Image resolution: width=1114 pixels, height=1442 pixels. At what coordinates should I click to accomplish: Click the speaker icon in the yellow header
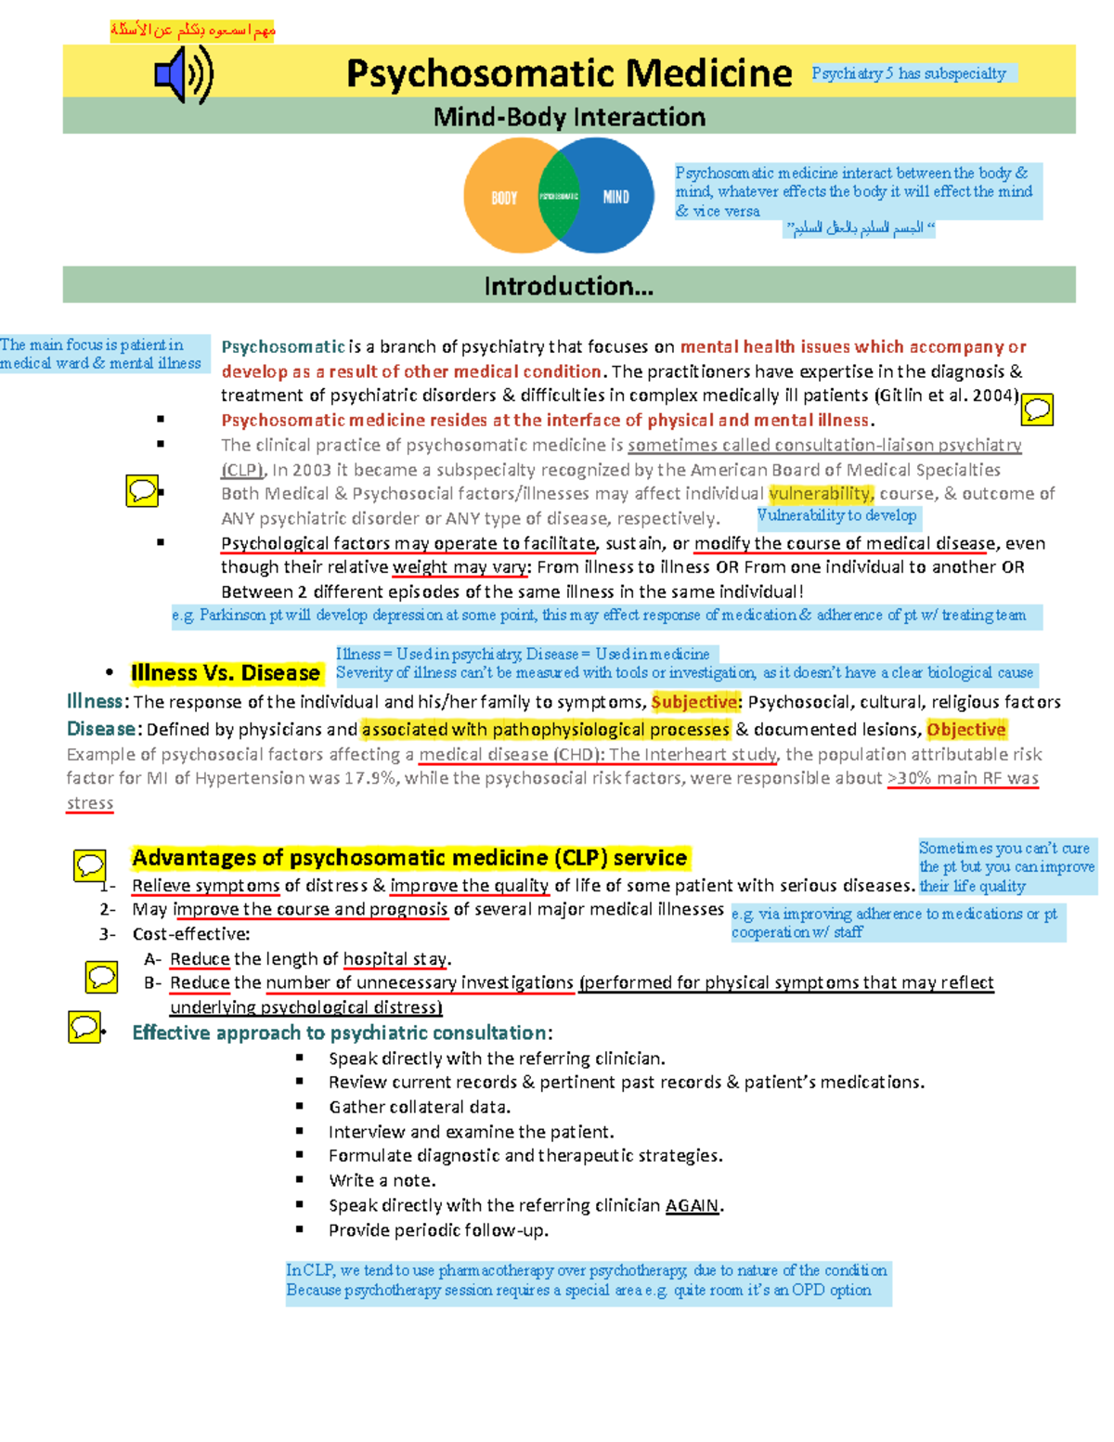tap(184, 75)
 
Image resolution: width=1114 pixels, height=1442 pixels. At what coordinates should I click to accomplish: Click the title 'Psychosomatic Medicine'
tap(569, 73)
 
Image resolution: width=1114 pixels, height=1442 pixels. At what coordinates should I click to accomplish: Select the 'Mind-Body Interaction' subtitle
tap(569, 117)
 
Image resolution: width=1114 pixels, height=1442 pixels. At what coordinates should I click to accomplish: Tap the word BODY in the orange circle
tap(504, 198)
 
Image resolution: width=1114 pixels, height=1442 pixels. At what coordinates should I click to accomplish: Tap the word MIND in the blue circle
tap(615, 197)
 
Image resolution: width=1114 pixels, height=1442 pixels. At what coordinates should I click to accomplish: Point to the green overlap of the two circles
tap(559, 196)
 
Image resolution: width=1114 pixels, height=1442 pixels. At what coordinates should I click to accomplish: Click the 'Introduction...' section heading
tap(568, 286)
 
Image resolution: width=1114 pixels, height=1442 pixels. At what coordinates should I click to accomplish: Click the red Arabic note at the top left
tap(193, 31)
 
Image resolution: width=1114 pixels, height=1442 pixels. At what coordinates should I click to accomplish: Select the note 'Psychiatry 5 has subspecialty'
tap(909, 73)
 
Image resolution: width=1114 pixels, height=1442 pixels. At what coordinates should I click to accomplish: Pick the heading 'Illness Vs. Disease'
tap(226, 673)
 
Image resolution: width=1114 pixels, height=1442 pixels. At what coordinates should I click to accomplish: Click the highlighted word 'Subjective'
tap(693, 702)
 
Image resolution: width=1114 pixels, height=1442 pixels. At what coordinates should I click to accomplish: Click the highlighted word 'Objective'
tap(965, 730)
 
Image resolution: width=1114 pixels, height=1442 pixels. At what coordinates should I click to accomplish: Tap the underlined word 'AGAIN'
tap(692, 1205)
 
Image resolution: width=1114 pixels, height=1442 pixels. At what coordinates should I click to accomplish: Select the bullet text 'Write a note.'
tap(382, 1180)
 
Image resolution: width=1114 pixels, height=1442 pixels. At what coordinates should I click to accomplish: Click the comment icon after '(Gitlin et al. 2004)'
tap(1037, 409)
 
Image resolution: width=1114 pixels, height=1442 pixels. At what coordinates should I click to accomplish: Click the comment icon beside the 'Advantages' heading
tap(90, 865)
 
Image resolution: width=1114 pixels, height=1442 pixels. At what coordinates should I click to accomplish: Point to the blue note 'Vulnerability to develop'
tap(836, 515)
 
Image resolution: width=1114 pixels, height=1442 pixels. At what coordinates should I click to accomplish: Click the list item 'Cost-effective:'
tap(191, 934)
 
